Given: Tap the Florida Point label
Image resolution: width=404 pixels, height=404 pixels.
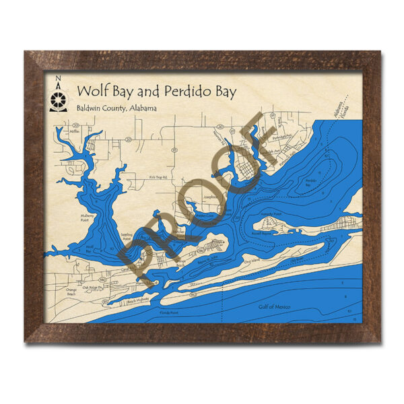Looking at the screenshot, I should click(x=170, y=312).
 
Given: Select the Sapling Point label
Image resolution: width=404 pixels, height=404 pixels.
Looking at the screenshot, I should click(x=128, y=236).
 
